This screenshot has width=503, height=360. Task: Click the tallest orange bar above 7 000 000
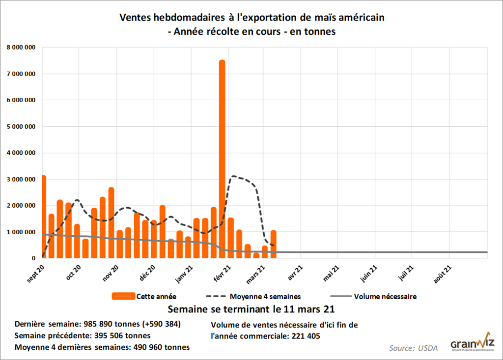coord(222,157)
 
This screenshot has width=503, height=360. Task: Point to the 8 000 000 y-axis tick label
coord(21,48)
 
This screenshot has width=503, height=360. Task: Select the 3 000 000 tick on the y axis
coord(21,179)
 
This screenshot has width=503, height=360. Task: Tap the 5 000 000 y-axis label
coord(21,127)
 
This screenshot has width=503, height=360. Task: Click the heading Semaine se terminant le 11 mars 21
coord(252,310)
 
